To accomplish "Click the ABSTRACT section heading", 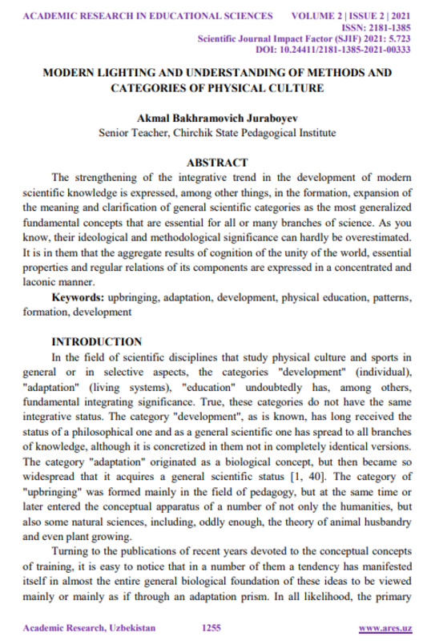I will [x=216, y=161].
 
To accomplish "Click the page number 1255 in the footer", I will [x=211, y=627].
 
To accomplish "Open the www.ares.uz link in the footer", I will [x=385, y=627].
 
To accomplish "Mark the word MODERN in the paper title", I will [x=69, y=72].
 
